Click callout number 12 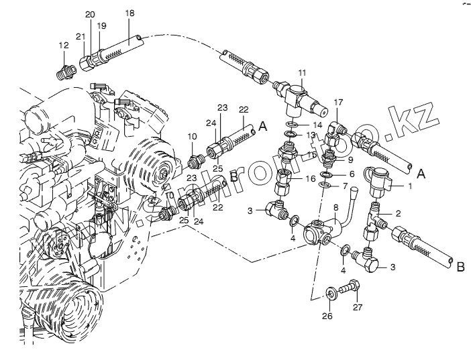[x=64, y=46]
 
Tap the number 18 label [x=129, y=13]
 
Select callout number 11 [x=302, y=72]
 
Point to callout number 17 [x=338, y=103]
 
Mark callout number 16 [x=311, y=179]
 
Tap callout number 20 [x=90, y=15]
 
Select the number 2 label [x=398, y=213]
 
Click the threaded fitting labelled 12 [x=66, y=69]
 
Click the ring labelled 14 [x=292, y=125]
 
